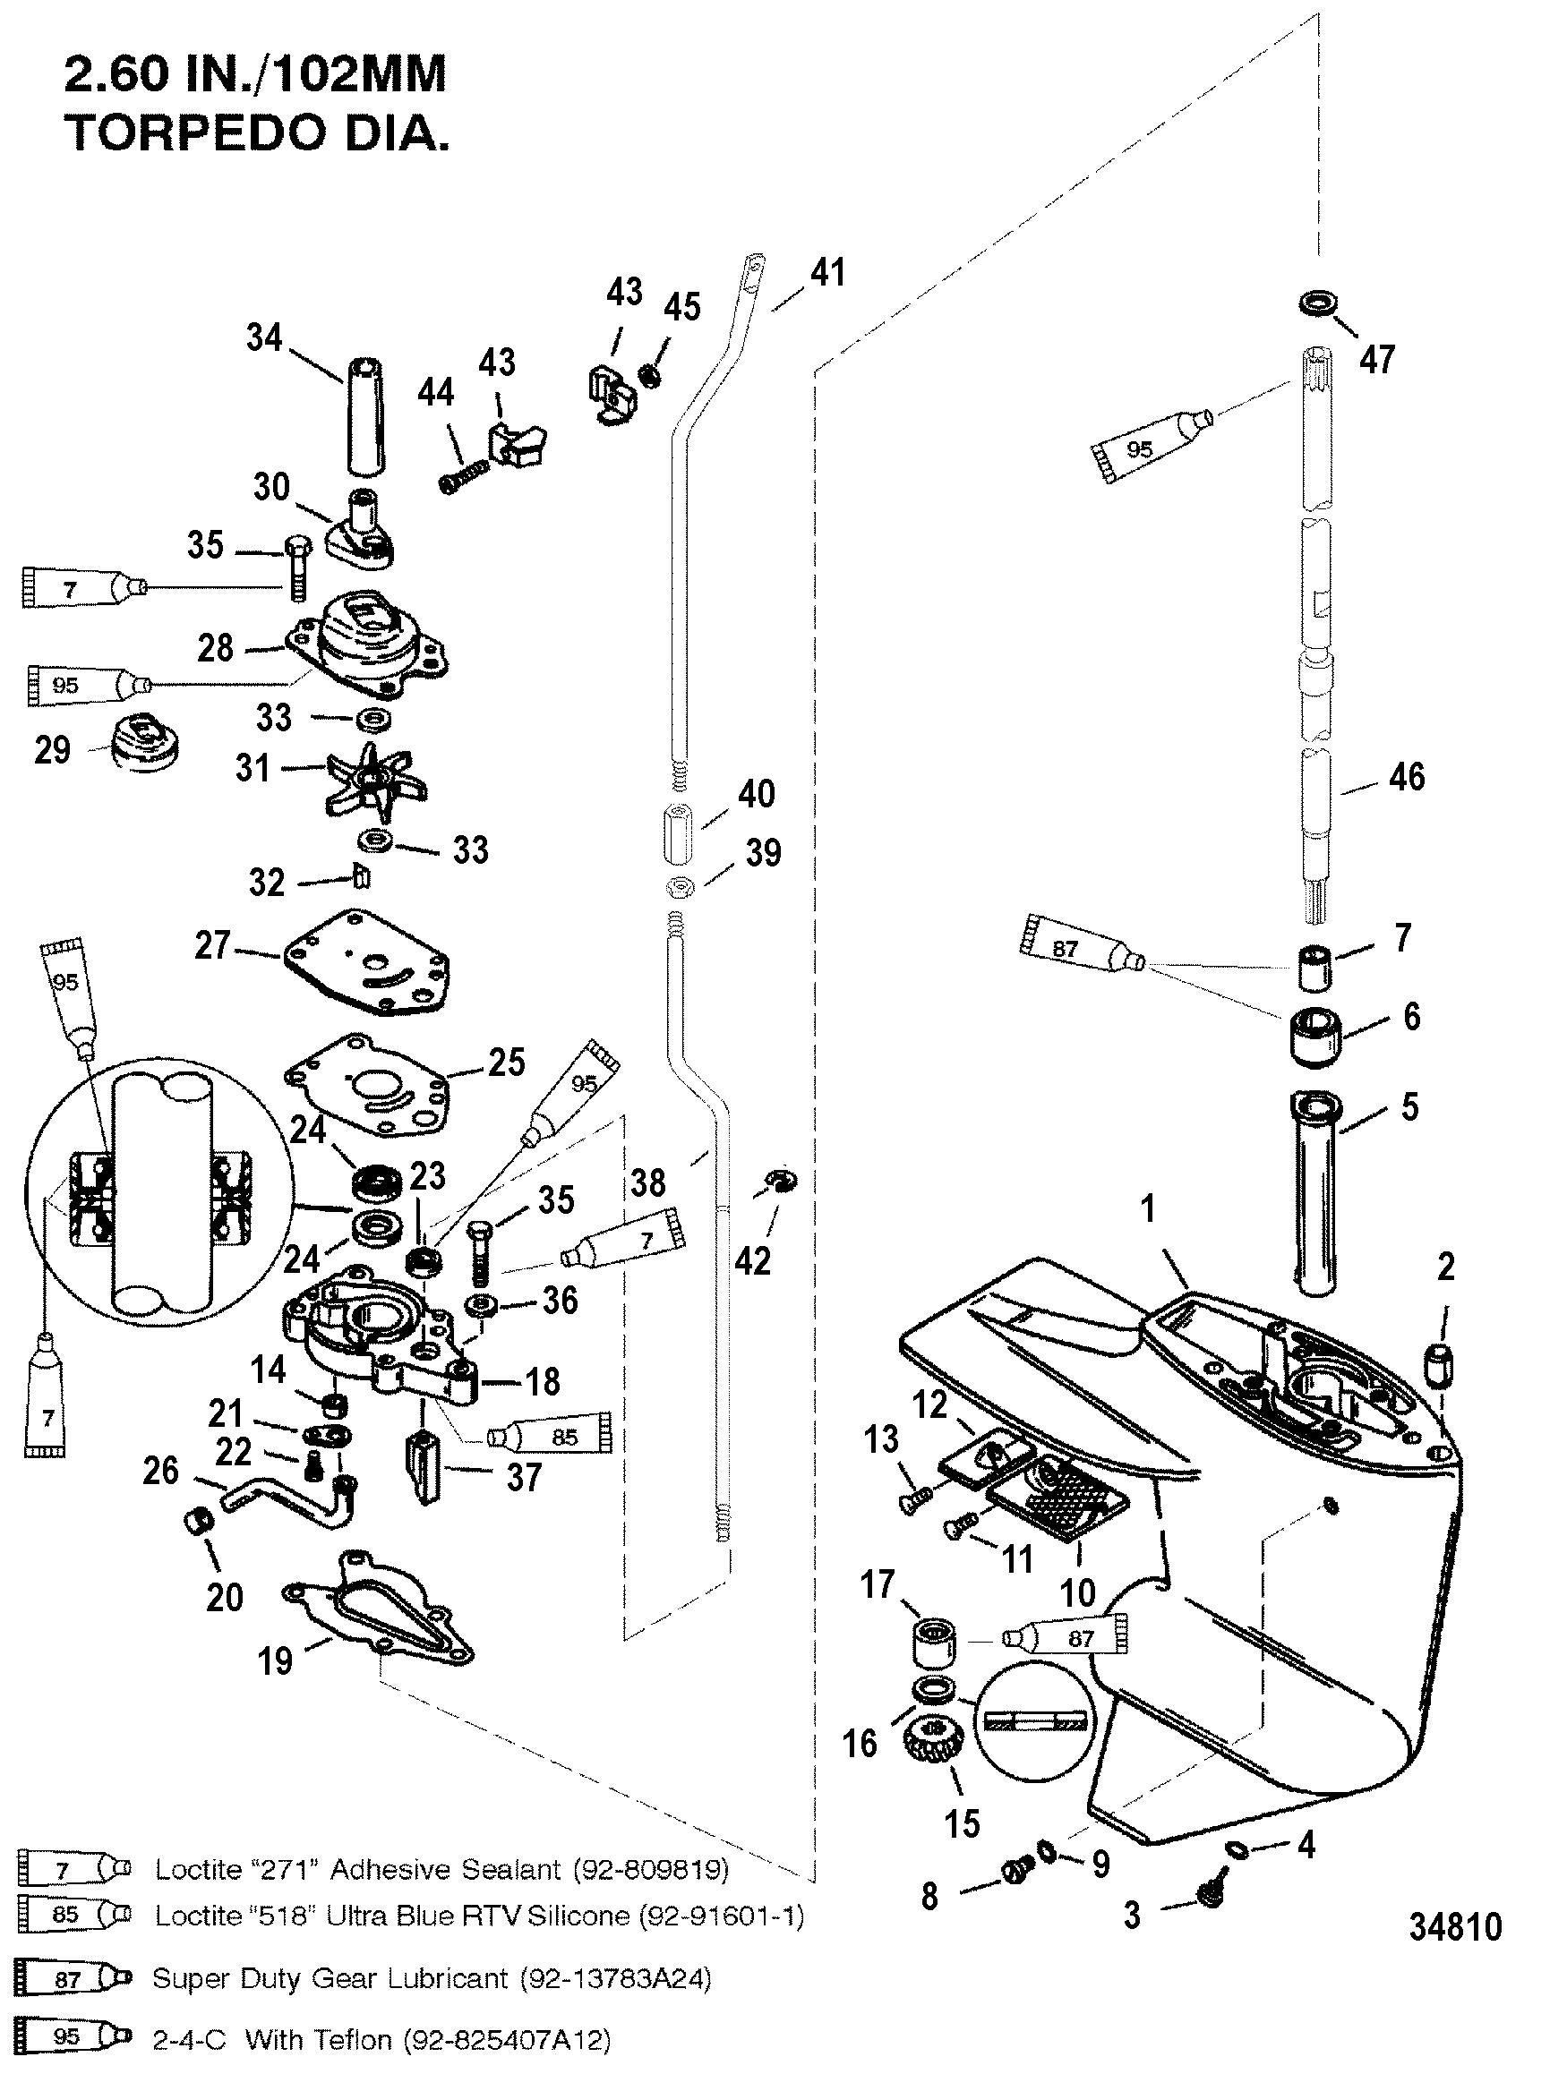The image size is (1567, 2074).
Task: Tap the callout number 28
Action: pyautogui.click(x=215, y=647)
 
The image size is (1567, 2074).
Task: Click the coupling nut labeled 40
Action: pyautogui.click(x=678, y=833)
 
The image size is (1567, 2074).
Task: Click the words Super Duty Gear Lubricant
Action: pyautogui.click(x=330, y=1979)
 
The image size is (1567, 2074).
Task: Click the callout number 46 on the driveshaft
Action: pyautogui.click(x=1406, y=776)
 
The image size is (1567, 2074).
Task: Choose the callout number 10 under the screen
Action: pyautogui.click(x=1077, y=1592)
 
